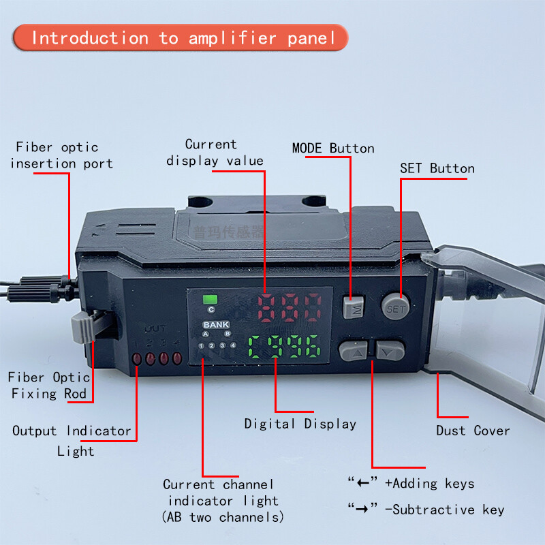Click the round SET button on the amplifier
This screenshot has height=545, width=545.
coord(394,307)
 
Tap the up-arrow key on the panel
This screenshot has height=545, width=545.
coord(354,351)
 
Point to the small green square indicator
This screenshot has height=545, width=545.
coord(210,298)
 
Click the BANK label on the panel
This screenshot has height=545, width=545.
coord(216,324)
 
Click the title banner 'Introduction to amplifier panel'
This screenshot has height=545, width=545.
coord(181,37)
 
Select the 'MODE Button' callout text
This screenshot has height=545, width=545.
coord(333,149)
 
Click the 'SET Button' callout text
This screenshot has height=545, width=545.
coord(437,168)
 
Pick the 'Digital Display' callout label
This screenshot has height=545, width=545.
coord(300,424)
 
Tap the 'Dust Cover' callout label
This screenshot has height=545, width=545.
coord(473,431)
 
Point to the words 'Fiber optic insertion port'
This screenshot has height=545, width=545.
coord(61,155)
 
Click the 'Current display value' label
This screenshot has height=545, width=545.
coord(215,153)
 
